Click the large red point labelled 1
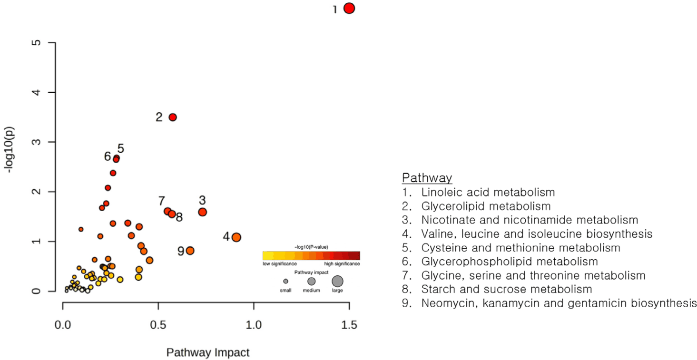[x=349, y=9]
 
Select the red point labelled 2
[x=173, y=117]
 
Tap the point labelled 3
[x=203, y=212]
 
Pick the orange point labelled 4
[x=236, y=237]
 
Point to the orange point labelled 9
[x=190, y=251]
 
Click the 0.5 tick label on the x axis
[x=158, y=325]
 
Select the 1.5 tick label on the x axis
[x=349, y=325]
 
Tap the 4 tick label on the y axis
[x=37, y=92]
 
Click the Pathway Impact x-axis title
[x=208, y=352]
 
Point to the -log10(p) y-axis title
[x=9, y=150]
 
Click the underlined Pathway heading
[x=427, y=178]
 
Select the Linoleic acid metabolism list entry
[x=488, y=192]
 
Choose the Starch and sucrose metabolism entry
[x=507, y=289]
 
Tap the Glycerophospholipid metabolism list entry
[x=510, y=262]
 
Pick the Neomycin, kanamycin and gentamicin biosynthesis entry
[x=559, y=303]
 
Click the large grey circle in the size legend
[x=337, y=281]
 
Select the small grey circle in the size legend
[x=285, y=281]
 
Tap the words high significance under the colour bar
[x=342, y=264]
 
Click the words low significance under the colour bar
[x=280, y=264]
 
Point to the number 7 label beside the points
[x=161, y=201]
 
